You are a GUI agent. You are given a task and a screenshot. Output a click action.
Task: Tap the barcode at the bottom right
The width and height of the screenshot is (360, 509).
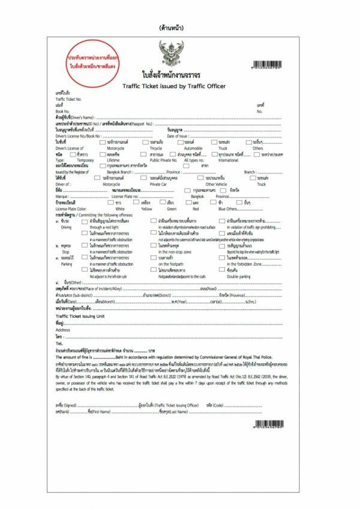pos(269,424)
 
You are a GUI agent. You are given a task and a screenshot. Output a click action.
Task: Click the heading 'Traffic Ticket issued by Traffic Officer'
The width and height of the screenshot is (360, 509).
pos(174,86)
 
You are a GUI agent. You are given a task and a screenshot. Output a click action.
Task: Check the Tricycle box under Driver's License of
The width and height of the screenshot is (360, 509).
pos(145,142)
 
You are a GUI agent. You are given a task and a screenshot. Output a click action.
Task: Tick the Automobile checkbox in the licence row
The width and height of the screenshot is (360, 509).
pos(180,142)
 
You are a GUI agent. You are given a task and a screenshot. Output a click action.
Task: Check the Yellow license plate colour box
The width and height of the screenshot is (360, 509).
pos(136,203)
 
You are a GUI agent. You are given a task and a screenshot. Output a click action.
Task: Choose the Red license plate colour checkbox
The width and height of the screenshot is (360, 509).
pos(189,203)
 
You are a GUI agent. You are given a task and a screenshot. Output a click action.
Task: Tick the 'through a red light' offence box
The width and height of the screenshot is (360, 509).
pos(85,221)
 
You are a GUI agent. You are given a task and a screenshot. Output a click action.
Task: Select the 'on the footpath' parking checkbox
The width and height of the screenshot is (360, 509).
pos(153,258)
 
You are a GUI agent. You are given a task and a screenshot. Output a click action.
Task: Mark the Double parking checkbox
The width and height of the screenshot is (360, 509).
pos(222,270)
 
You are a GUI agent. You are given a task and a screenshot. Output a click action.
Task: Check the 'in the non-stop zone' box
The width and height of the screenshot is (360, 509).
pos(153,246)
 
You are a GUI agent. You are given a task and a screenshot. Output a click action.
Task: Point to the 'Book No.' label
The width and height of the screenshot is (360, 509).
pos(63,111)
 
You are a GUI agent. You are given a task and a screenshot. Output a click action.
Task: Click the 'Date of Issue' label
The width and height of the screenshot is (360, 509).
pos(177,136)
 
